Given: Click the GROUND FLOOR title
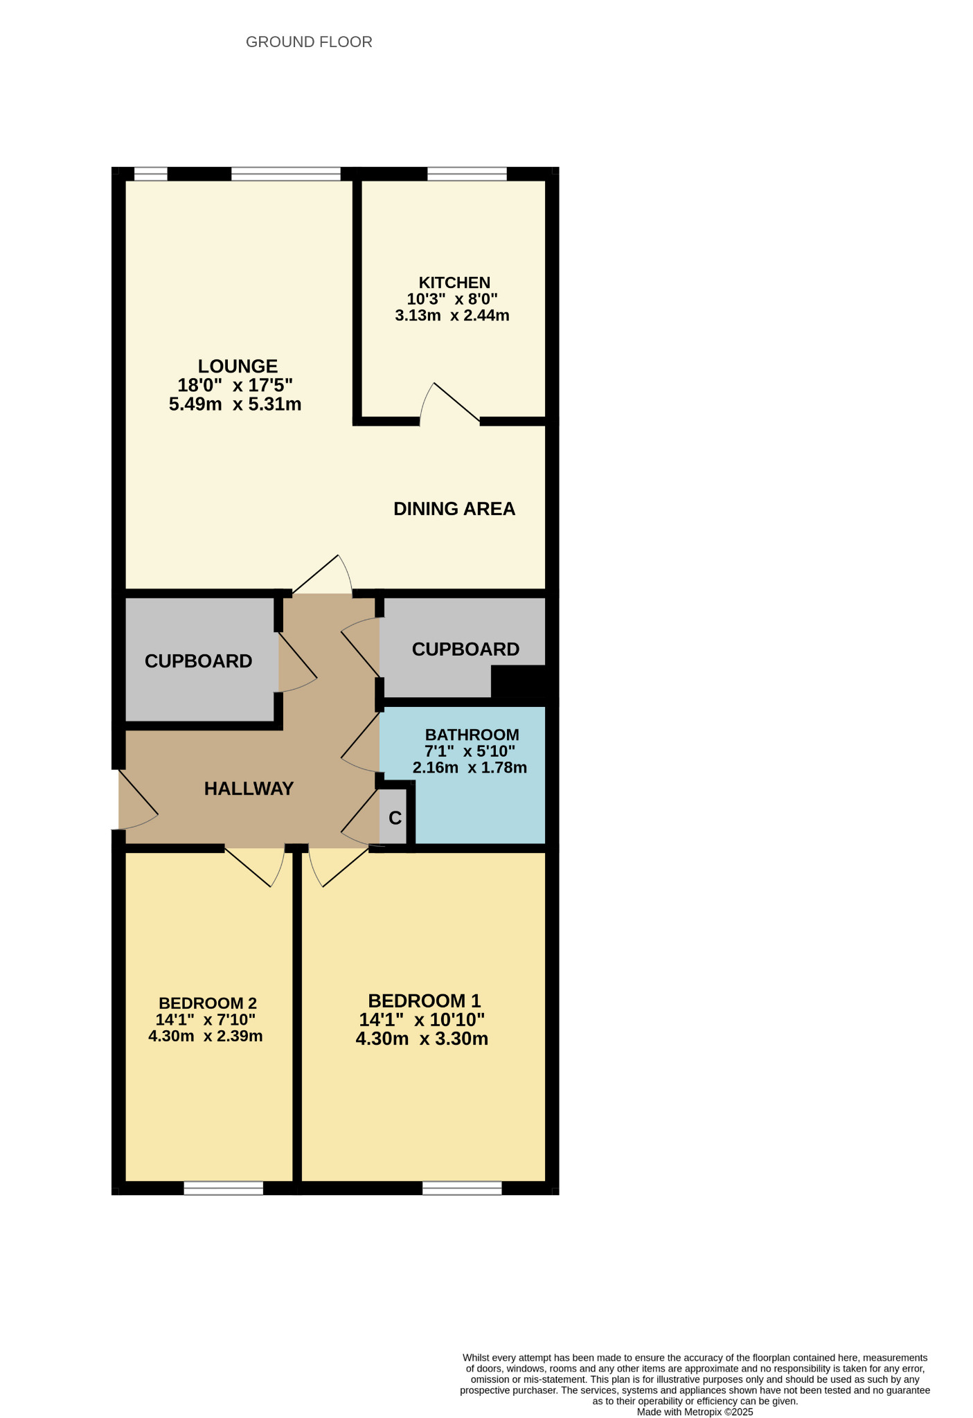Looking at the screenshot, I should (x=309, y=42).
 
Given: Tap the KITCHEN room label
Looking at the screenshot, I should (x=454, y=282).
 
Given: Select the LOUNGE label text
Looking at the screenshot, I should (x=238, y=366).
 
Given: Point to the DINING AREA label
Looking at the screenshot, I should (x=454, y=509).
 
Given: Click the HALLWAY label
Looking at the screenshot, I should (x=249, y=789).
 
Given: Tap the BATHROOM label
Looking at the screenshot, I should (x=472, y=735).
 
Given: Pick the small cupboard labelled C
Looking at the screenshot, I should (x=395, y=818).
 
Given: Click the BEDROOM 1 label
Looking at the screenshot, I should (x=424, y=1000).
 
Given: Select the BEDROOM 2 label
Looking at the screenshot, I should (x=207, y=1003).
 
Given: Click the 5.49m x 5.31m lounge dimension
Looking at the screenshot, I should (x=235, y=404).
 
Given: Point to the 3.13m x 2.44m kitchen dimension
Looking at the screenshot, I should (x=452, y=316).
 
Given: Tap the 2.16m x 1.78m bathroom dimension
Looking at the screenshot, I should (x=470, y=767).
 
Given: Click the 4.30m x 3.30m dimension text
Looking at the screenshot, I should (x=422, y=1039).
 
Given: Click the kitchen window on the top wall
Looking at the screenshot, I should (x=467, y=174).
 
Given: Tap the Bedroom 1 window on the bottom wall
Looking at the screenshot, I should (x=462, y=1188).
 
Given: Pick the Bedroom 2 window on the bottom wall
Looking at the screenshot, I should (x=223, y=1188).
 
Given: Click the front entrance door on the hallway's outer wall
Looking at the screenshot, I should (x=135, y=800).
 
